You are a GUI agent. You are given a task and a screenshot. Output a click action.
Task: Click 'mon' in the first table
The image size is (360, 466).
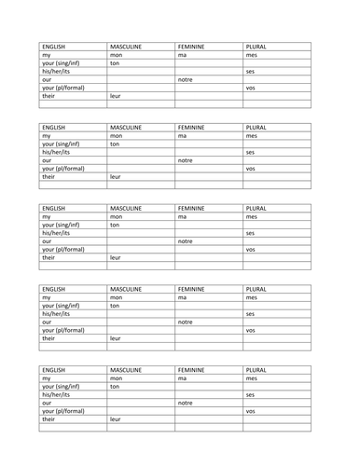click(x=117, y=54)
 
